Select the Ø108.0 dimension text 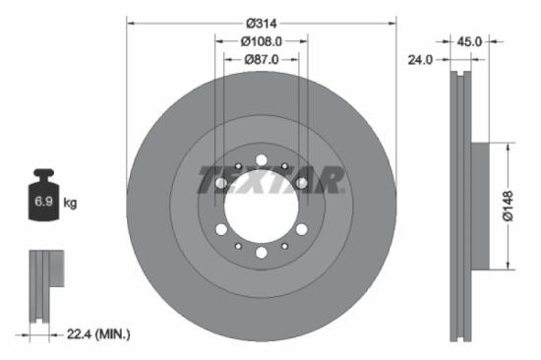[x=262, y=41]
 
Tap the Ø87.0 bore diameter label [x=262, y=60]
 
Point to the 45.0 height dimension [x=469, y=41]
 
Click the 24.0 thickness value [x=421, y=60]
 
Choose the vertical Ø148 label [x=521, y=205]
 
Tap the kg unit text [x=71, y=204]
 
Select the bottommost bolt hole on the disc [x=261, y=253]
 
